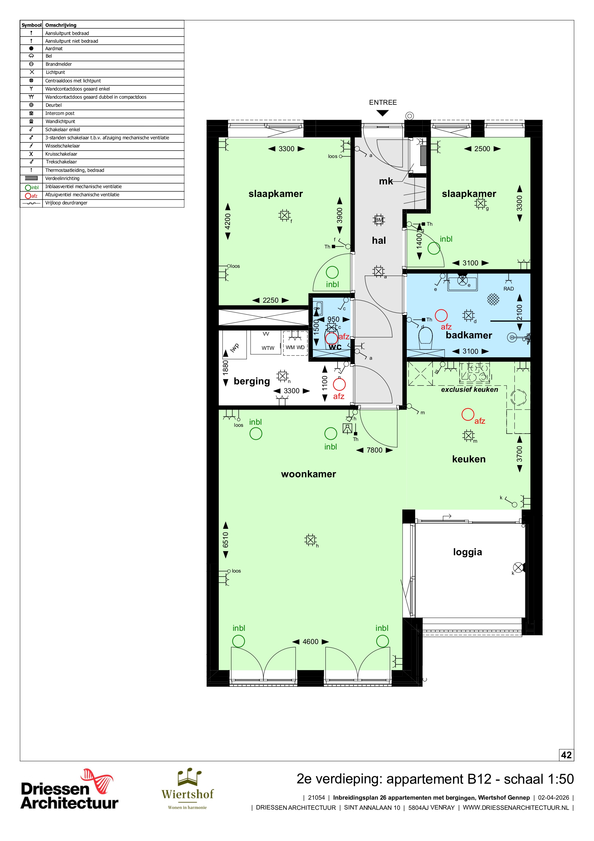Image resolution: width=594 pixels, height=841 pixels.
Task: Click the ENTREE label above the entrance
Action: (x=382, y=103)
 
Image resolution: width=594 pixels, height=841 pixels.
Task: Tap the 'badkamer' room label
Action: (x=468, y=335)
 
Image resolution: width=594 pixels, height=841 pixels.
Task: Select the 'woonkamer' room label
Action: (x=308, y=474)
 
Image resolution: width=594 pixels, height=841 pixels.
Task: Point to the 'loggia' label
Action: (x=467, y=553)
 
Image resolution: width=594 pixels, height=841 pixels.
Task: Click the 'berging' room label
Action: (x=252, y=381)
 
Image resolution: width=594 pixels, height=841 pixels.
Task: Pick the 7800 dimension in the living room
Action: (x=375, y=450)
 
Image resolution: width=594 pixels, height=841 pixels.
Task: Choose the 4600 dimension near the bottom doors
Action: (x=310, y=642)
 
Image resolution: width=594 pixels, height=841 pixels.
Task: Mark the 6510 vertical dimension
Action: (x=226, y=540)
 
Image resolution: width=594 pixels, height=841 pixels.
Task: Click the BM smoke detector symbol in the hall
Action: (x=379, y=220)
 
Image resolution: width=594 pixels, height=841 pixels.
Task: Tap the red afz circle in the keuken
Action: (x=467, y=415)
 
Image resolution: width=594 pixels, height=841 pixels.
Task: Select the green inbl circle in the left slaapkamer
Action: (x=332, y=272)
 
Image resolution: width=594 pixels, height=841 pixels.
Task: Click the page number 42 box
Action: (x=566, y=755)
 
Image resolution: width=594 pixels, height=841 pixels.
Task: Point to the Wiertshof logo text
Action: (x=187, y=794)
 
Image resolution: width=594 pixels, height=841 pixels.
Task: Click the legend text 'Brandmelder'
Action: (x=59, y=64)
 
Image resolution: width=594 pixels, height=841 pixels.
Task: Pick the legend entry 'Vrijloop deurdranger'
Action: (x=66, y=203)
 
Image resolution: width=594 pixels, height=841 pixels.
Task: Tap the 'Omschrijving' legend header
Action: (x=61, y=25)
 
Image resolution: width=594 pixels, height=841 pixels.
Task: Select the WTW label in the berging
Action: (x=268, y=348)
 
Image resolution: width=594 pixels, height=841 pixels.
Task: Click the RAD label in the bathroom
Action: (x=508, y=288)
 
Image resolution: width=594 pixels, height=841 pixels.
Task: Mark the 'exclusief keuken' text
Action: (x=470, y=389)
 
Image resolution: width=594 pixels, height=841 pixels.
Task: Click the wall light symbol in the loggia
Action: (x=518, y=568)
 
